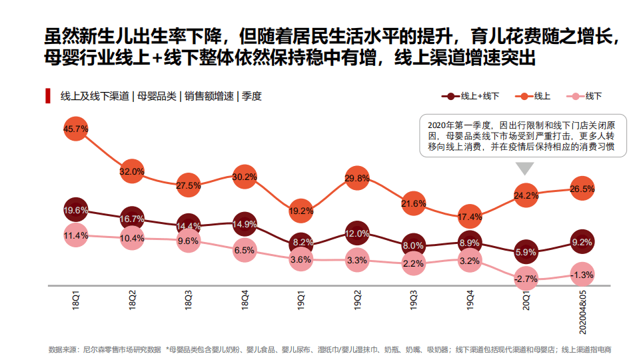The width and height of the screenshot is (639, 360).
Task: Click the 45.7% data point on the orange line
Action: pyautogui.click(x=76, y=129)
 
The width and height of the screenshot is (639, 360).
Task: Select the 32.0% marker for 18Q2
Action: pyautogui.click(x=132, y=171)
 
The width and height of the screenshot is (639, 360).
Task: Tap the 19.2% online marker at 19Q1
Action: pyautogui.click(x=301, y=211)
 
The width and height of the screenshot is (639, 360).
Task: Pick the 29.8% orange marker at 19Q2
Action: pyautogui.click(x=357, y=178)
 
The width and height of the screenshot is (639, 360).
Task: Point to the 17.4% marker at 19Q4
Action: pyautogui.click(x=470, y=217)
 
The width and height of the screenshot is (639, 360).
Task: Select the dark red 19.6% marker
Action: pyautogui.click(x=76, y=209)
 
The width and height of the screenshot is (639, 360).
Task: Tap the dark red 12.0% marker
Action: pyautogui.click(x=357, y=233)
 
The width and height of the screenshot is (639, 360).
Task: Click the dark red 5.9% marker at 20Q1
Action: pyautogui.click(x=526, y=252)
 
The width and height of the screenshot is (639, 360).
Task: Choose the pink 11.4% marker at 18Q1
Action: pyautogui.click(x=76, y=235)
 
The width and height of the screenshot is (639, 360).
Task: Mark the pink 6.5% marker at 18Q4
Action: pyautogui.click(x=245, y=250)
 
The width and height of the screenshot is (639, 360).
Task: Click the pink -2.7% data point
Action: pyautogui.click(x=526, y=279)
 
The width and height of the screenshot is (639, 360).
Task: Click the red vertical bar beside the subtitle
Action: pyautogui.click(x=48, y=95)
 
